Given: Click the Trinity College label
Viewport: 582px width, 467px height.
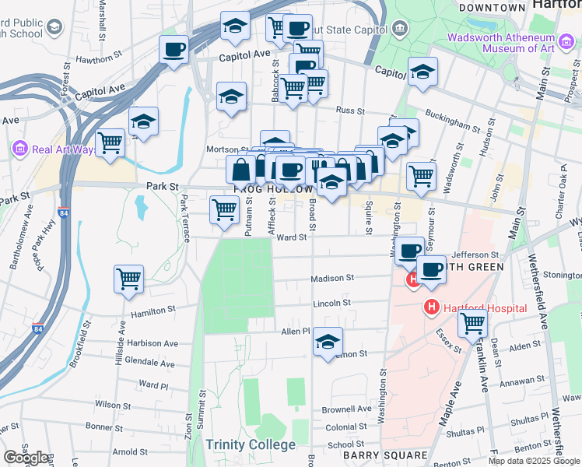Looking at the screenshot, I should click(251, 444).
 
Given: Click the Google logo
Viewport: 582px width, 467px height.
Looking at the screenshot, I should click(26, 458).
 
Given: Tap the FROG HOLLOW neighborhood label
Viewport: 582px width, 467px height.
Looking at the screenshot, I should click(273, 189).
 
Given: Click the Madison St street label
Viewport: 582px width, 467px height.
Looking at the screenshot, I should click(332, 278).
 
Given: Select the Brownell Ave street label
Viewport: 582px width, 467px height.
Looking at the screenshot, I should click(347, 409).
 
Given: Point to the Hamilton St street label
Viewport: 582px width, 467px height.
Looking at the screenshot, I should click(153, 311).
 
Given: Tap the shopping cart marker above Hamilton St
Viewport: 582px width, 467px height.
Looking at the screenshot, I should click(128, 279).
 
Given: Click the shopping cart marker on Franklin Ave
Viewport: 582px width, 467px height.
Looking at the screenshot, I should click(473, 322).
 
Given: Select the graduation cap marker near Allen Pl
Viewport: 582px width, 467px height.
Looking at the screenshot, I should click(328, 341).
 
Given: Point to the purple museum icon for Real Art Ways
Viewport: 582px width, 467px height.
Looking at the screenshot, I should click(19, 149).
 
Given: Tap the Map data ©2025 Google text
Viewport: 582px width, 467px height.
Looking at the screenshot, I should click(533, 460).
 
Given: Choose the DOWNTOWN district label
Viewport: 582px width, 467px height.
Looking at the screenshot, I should click(492, 7).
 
